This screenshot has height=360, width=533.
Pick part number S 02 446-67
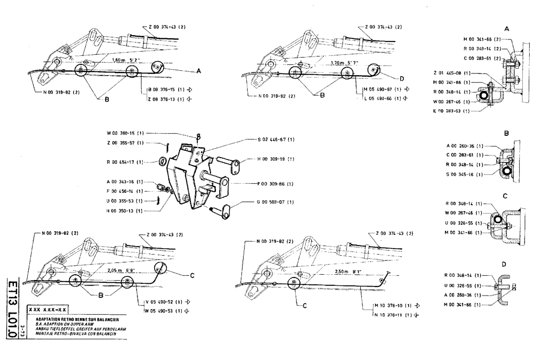click(276, 139)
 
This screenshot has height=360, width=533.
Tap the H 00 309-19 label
click(276, 159)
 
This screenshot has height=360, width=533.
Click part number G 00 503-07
click(276, 203)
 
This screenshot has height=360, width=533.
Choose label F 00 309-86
click(276, 183)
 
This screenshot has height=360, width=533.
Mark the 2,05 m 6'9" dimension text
click(122, 270)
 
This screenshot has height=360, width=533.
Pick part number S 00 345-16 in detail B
click(464, 174)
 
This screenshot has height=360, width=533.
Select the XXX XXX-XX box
click(47, 309)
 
